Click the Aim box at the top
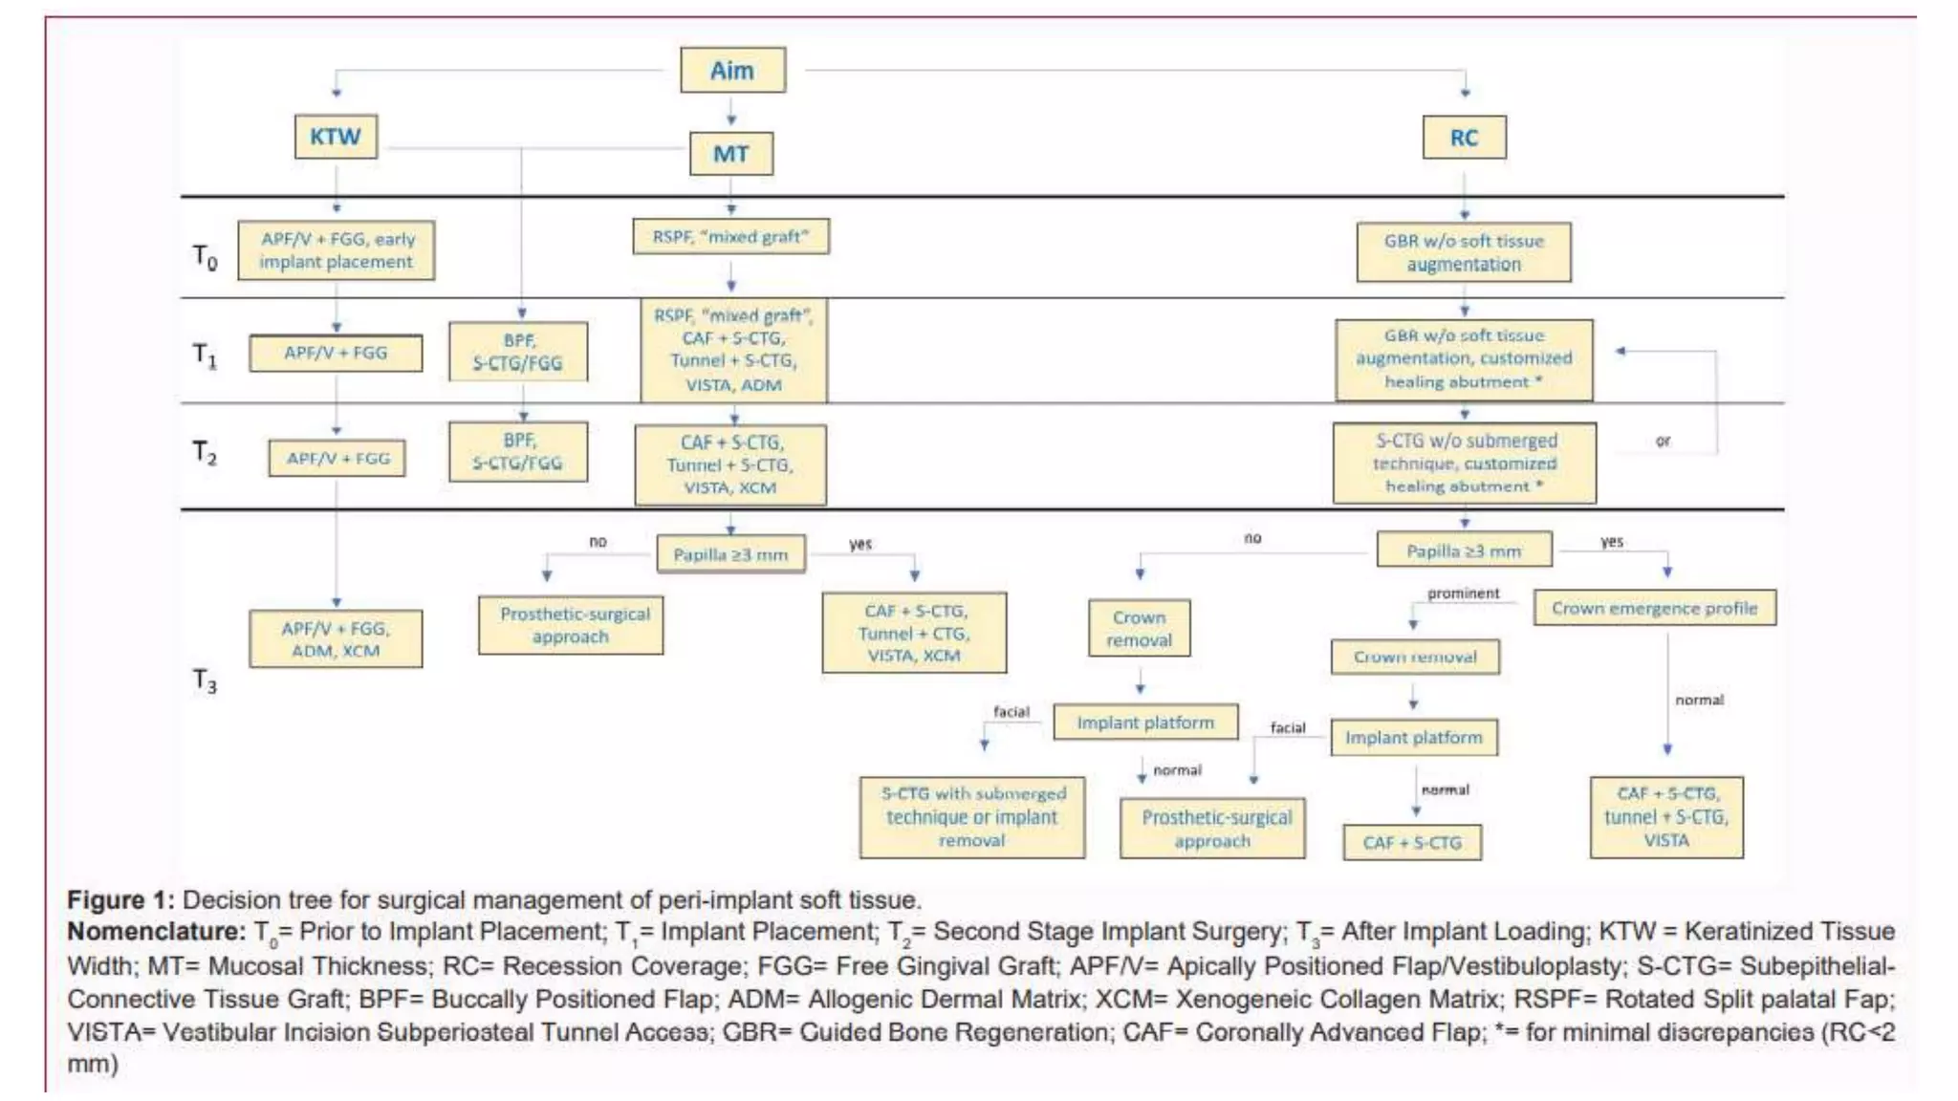pyautogui.click(x=732, y=71)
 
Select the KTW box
pyautogui.click(x=336, y=137)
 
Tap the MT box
pyautogui.click(x=731, y=154)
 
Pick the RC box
pyautogui.click(x=1464, y=138)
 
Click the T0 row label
pyautogui.click(x=205, y=256)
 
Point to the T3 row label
pyautogui.click(x=205, y=680)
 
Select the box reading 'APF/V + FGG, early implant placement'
pyautogui.click(x=337, y=250)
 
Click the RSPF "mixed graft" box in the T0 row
pyautogui.click(x=731, y=237)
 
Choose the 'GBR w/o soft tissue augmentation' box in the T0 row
pyautogui.click(x=1464, y=252)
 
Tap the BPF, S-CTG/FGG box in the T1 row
pyautogui.click(x=518, y=352)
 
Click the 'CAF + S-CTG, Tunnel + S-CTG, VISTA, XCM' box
pyautogui.click(x=730, y=465)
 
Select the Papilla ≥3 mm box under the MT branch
pyautogui.click(x=731, y=554)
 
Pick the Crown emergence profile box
pyautogui.click(x=1654, y=608)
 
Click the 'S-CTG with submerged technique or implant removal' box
pyautogui.click(x=971, y=817)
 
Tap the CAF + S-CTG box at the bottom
pyautogui.click(x=1412, y=843)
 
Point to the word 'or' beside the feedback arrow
pyautogui.click(x=1663, y=441)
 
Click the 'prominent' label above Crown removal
pyautogui.click(x=1463, y=594)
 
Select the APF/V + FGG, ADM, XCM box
pyautogui.click(x=336, y=639)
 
